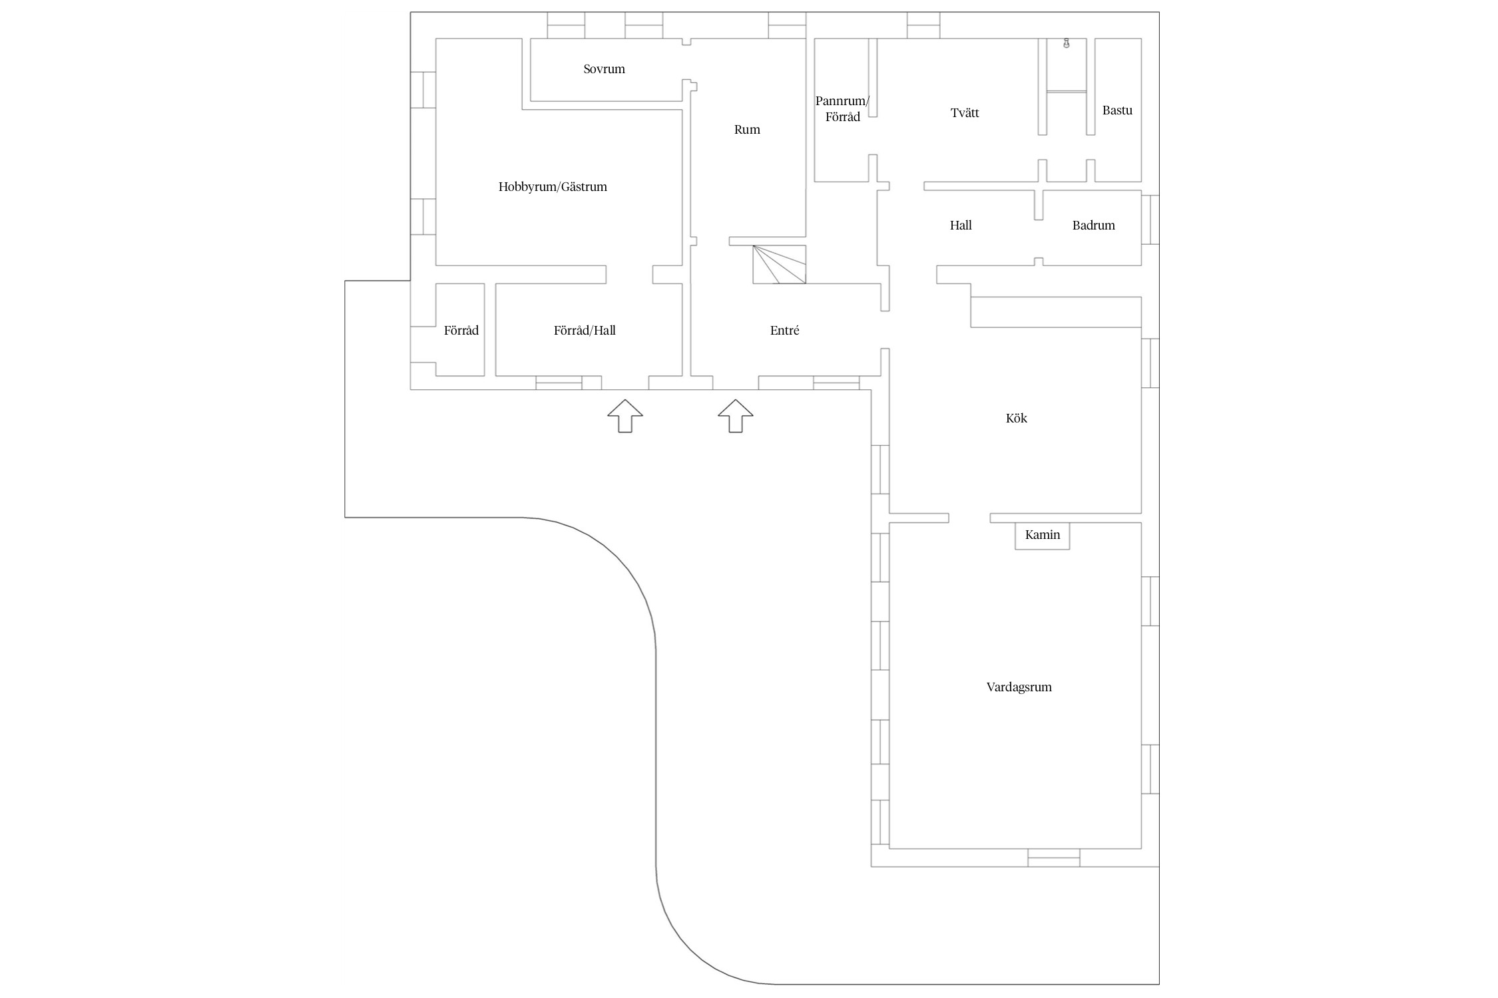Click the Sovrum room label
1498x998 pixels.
pyautogui.click(x=604, y=69)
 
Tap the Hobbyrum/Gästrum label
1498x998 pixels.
pyautogui.click(x=553, y=187)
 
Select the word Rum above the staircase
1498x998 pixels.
pyautogui.click(x=747, y=130)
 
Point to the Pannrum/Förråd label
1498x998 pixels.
pyautogui.click(x=842, y=109)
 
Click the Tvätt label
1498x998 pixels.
pyautogui.click(x=965, y=113)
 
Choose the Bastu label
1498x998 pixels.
pyautogui.click(x=1117, y=110)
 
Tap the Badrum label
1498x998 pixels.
pyautogui.click(x=1093, y=226)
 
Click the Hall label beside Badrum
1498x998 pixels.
pyautogui.click(x=961, y=226)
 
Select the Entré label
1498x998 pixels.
pyautogui.click(x=784, y=331)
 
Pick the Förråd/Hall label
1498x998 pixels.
pyautogui.click(x=585, y=331)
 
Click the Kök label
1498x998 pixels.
pyautogui.click(x=1016, y=418)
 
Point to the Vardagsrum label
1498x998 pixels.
pyautogui.click(x=1019, y=687)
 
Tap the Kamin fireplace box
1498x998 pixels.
pyautogui.click(x=1042, y=536)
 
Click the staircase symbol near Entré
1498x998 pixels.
pyautogui.click(x=779, y=264)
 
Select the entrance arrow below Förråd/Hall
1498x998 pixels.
pyautogui.click(x=624, y=416)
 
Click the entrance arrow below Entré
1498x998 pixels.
pyautogui.click(x=735, y=416)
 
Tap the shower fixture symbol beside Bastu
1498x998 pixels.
pyautogui.click(x=1066, y=44)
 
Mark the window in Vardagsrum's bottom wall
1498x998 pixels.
pyautogui.click(x=1053, y=858)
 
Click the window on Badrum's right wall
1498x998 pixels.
pyautogui.click(x=1150, y=220)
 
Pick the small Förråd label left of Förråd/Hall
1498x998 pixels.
pyautogui.click(x=461, y=331)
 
